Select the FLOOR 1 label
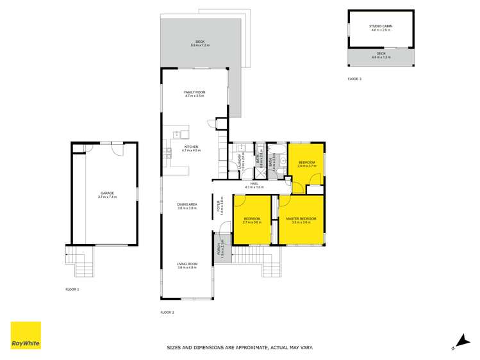tap(72, 290)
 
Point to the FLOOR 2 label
tap(167, 313)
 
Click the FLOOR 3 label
tap(354, 79)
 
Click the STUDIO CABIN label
tap(381, 26)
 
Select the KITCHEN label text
tap(192, 147)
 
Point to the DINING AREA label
tap(186, 204)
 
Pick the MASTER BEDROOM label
tap(300, 219)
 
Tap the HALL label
tap(254, 183)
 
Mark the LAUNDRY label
tap(240, 159)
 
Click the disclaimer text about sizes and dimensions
tap(240, 347)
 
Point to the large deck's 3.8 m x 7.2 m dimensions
tap(201, 45)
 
